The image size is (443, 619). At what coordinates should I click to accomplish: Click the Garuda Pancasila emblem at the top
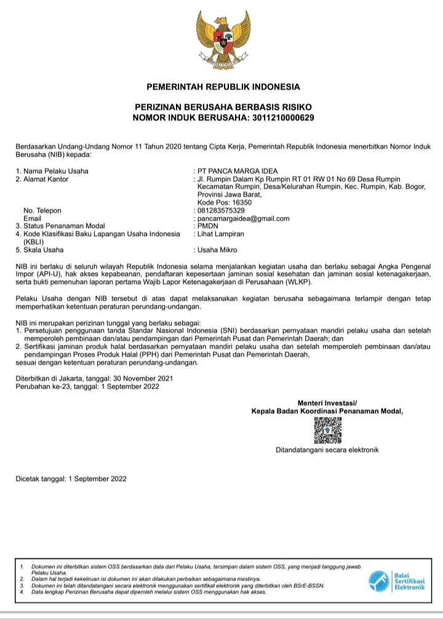(x=223, y=39)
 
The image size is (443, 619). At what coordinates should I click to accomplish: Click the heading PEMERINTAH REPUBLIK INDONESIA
(x=223, y=86)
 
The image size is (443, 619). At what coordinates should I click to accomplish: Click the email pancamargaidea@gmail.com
(x=243, y=218)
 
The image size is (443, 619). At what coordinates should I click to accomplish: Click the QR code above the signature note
(x=327, y=430)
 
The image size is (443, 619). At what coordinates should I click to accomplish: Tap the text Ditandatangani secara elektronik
(x=327, y=450)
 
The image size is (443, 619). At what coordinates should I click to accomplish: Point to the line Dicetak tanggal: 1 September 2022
(x=71, y=478)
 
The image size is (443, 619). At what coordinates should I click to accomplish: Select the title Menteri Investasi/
(x=327, y=402)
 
